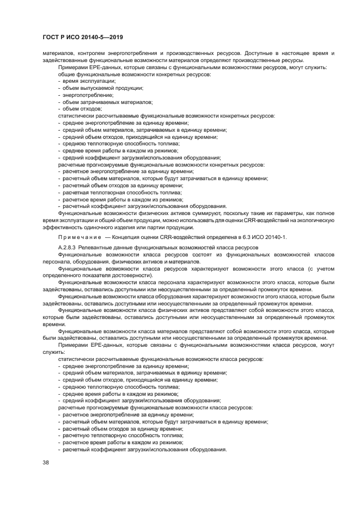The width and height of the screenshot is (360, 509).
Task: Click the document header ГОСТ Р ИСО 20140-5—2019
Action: point(83,38)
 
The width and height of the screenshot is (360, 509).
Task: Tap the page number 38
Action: point(46,462)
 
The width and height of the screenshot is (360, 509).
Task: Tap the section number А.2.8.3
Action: point(68,248)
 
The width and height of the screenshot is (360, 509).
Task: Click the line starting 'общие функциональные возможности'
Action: point(134,73)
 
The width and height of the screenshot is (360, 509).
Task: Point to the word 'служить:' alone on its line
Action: point(53,352)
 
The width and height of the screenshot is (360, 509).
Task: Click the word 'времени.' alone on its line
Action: point(53,324)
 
